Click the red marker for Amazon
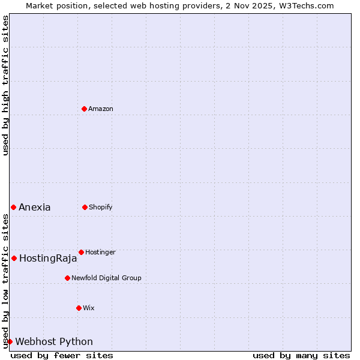coord(84,109)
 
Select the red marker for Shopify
coord(85,207)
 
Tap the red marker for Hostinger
coord(81,252)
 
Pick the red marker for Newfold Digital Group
coord(67,278)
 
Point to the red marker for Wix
coord(79,308)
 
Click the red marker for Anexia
coord(13,207)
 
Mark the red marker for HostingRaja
coord(14,258)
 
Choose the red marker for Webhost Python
coord(10,341)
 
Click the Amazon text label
coord(101,109)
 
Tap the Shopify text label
coord(101,208)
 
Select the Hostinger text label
coord(100,253)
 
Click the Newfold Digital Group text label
coord(106,278)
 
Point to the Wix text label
coord(89,308)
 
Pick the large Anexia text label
coord(35,208)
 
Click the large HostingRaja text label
coord(48,259)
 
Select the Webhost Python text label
coord(54,342)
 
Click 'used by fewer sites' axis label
coord(62,355)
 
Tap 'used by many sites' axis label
coord(301,355)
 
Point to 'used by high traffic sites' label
coord(5,85)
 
